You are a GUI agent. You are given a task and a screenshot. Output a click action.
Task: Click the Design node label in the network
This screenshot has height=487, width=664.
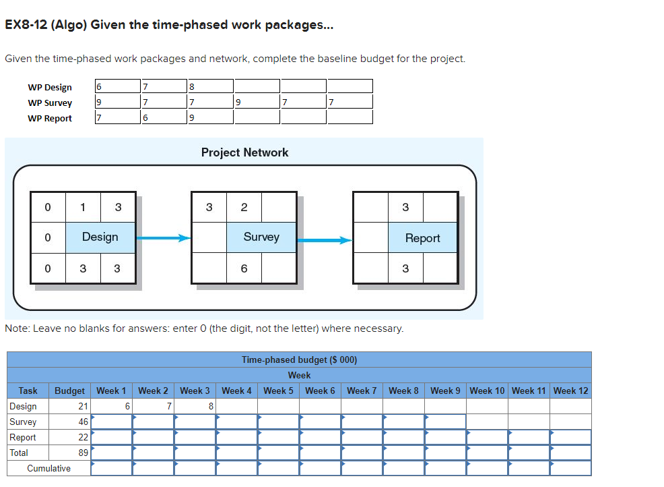tap(100, 237)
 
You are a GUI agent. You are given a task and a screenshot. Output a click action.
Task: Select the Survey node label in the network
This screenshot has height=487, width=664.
tap(261, 237)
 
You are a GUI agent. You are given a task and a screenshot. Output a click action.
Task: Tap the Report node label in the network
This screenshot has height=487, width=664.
tap(422, 238)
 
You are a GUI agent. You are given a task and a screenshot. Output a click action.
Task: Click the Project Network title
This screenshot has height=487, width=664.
tap(244, 152)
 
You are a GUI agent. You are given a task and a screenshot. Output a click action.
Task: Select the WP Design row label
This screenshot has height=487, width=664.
tap(50, 87)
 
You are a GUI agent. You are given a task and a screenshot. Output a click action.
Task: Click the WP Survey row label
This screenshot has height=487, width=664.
tap(50, 103)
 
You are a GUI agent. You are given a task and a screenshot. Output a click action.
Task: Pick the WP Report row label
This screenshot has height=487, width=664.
tap(50, 118)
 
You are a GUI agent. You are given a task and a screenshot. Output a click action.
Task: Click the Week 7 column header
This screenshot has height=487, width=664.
tap(362, 391)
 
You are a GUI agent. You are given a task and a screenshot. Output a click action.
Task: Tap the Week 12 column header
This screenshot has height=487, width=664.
tap(570, 391)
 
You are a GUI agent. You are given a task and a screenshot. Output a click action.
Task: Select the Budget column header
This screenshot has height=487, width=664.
tap(69, 391)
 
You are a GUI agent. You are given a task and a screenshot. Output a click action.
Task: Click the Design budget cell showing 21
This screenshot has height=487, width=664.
tap(70, 406)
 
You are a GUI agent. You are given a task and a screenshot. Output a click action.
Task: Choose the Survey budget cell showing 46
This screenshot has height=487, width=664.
tap(70, 422)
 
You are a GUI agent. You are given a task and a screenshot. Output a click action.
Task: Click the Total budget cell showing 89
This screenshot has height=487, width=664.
tap(70, 453)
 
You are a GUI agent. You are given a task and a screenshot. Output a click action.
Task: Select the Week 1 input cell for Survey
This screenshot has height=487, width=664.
tap(111, 422)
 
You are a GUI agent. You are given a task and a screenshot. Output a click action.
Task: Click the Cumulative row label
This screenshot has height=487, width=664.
tap(48, 468)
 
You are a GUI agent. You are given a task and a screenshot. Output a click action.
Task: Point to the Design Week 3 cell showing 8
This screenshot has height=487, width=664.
tap(195, 406)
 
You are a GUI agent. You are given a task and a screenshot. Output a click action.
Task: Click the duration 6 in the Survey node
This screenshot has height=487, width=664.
tap(244, 268)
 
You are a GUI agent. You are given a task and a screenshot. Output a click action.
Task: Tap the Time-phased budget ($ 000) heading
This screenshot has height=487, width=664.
tap(299, 360)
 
